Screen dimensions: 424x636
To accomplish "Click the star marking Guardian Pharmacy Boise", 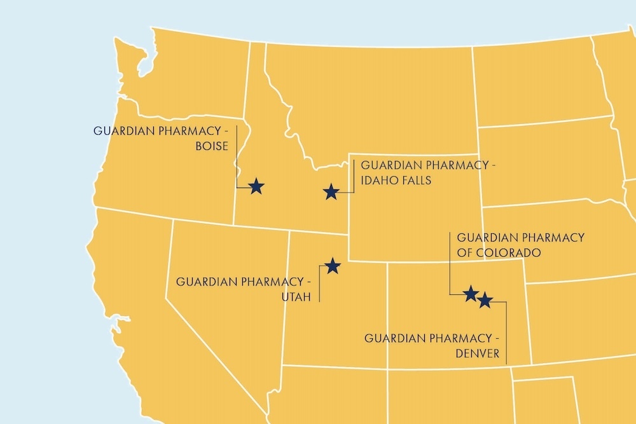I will click(x=256, y=186).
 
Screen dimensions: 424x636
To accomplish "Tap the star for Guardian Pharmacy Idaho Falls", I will click(x=331, y=191).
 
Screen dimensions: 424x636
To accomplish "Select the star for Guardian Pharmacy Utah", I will click(x=333, y=266).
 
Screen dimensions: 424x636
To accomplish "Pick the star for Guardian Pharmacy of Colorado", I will click(x=471, y=293).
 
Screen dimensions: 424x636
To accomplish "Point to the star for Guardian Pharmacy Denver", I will click(x=485, y=300).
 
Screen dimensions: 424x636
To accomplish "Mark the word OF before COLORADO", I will click(x=466, y=252).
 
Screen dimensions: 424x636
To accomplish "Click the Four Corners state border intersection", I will click(x=387, y=367).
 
